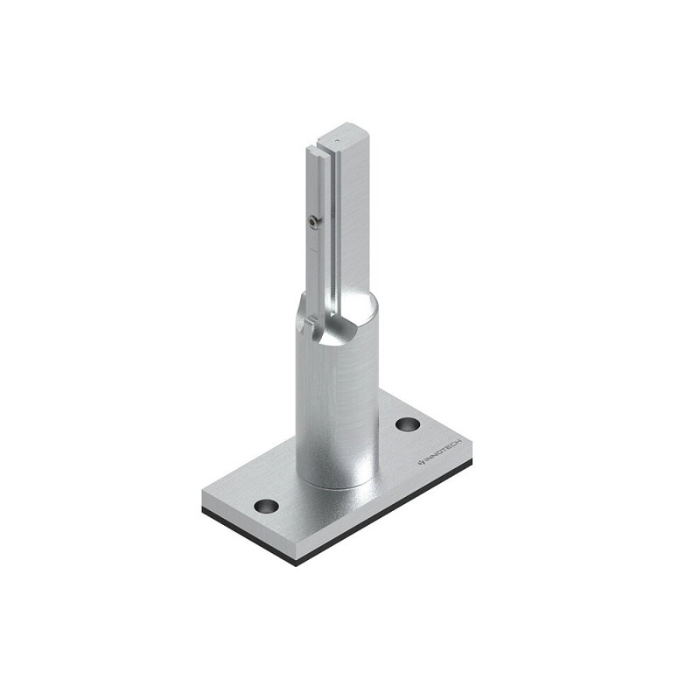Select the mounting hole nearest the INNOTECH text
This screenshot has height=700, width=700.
[408, 424]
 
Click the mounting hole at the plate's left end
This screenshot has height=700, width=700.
[266, 506]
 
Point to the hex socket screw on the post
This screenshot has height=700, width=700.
[316, 220]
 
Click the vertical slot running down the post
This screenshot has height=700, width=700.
[333, 232]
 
